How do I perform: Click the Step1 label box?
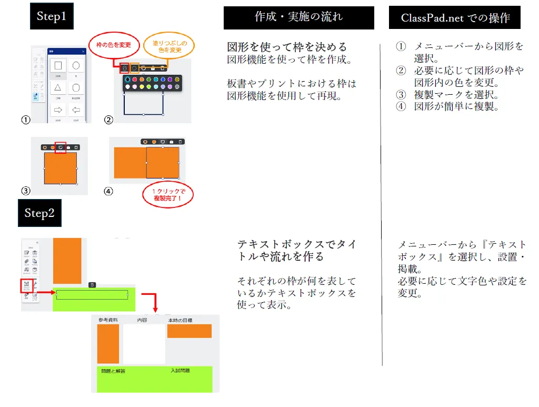point(51,16)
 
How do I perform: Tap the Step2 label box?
point(39,213)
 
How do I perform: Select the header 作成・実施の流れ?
point(298,17)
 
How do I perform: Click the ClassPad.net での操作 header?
point(455,18)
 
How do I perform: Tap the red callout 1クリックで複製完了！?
point(168,195)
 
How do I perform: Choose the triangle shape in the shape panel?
point(58,87)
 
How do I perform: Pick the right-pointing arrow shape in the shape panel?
point(58,110)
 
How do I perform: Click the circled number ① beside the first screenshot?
point(24,120)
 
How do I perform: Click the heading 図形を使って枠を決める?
point(287,47)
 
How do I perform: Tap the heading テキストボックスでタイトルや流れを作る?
point(296,251)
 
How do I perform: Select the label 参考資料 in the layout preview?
point(108,320)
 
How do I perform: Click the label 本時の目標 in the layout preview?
point(180,320)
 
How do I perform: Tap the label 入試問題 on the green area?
point(180,371)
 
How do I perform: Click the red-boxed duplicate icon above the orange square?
point(61,147)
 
